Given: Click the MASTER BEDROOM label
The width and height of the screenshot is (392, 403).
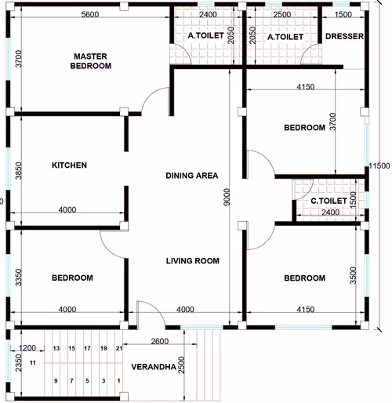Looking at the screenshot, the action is pos(91,61).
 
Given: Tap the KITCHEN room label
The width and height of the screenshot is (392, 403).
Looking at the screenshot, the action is pos(69,165).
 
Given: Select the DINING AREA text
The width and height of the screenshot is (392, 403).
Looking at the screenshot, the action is pos(192,176).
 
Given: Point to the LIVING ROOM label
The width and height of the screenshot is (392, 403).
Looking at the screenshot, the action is pos(193,261).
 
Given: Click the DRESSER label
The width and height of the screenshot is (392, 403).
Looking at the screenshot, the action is pos(344,36).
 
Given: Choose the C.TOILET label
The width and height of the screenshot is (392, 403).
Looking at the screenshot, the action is pos(328,201).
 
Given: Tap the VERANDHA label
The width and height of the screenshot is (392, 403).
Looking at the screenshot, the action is pos(154,367).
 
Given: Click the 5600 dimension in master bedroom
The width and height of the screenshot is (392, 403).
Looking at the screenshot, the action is pos(90,14).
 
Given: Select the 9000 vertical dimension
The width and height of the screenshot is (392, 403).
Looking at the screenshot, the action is pos(227,197).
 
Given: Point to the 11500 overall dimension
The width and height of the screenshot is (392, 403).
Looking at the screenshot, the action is pos(379,165).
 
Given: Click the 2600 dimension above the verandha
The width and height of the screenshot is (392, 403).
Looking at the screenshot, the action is pos(160,341).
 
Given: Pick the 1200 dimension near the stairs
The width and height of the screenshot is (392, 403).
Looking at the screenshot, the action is pos(27,348).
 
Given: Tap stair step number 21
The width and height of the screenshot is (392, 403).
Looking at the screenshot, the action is pos(119,348).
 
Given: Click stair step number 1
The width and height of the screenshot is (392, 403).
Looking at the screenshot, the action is pos(119,381).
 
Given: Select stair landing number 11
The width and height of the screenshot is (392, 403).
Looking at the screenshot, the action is pos(33,363).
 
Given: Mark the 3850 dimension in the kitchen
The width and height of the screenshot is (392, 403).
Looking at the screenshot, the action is pos(18,171).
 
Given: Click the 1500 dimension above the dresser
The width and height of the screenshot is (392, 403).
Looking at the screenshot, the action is pos(343,14).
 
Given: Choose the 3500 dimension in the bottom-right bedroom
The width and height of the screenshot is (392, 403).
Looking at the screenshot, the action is pos(353,275).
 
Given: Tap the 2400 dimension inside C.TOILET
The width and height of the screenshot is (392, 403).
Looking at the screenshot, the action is pos(331,212).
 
